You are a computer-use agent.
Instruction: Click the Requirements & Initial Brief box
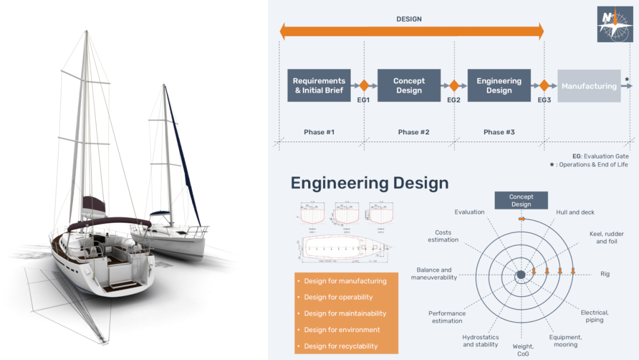point(319,86)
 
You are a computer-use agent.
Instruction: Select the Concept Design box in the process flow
point(409,86)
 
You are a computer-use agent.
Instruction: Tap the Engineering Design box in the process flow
point(499,86)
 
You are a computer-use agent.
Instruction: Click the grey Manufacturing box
point(589,86)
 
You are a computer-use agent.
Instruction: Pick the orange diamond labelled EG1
point(364,86)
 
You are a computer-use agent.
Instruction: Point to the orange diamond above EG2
point(454,86)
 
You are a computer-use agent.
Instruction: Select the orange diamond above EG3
point(544,86)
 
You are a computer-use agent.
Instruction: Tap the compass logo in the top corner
point(615,24)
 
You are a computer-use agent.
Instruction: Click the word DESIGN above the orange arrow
point(409,19)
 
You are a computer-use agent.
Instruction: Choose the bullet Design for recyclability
point(341,346)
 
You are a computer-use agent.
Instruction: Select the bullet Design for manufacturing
point(345,281)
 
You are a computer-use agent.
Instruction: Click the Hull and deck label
point(575,212)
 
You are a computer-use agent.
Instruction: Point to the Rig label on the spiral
point(605,274)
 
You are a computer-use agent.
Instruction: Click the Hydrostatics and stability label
point(480,340)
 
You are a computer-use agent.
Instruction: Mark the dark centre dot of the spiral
point(521,275)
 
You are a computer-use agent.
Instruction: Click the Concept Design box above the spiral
point(521,201)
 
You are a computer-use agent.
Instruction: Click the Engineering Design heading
point(369,183)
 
